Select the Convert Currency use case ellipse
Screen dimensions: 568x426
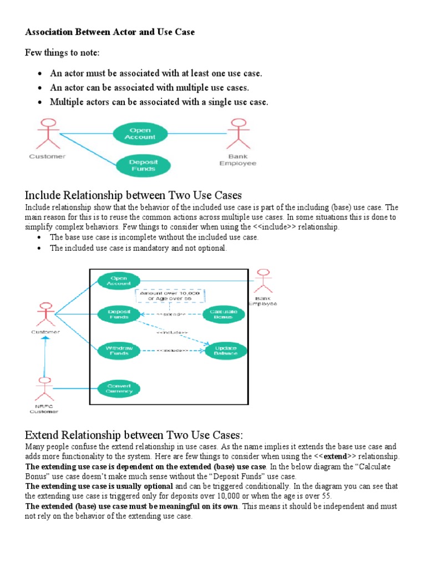click(119, 388)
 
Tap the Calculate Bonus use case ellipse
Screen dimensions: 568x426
click(224, 315)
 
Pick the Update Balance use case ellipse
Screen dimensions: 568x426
click(226, 351)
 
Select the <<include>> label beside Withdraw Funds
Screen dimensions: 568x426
click(172, 351)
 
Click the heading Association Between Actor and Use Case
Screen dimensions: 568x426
click(110, 32)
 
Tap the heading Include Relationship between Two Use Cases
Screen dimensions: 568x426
click(134, 195)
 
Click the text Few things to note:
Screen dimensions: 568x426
click(62, 53)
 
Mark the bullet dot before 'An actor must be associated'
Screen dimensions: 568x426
click(40, 74)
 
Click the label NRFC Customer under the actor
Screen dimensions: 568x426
click(43, 408)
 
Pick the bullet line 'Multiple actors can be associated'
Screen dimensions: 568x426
click(159, 102)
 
